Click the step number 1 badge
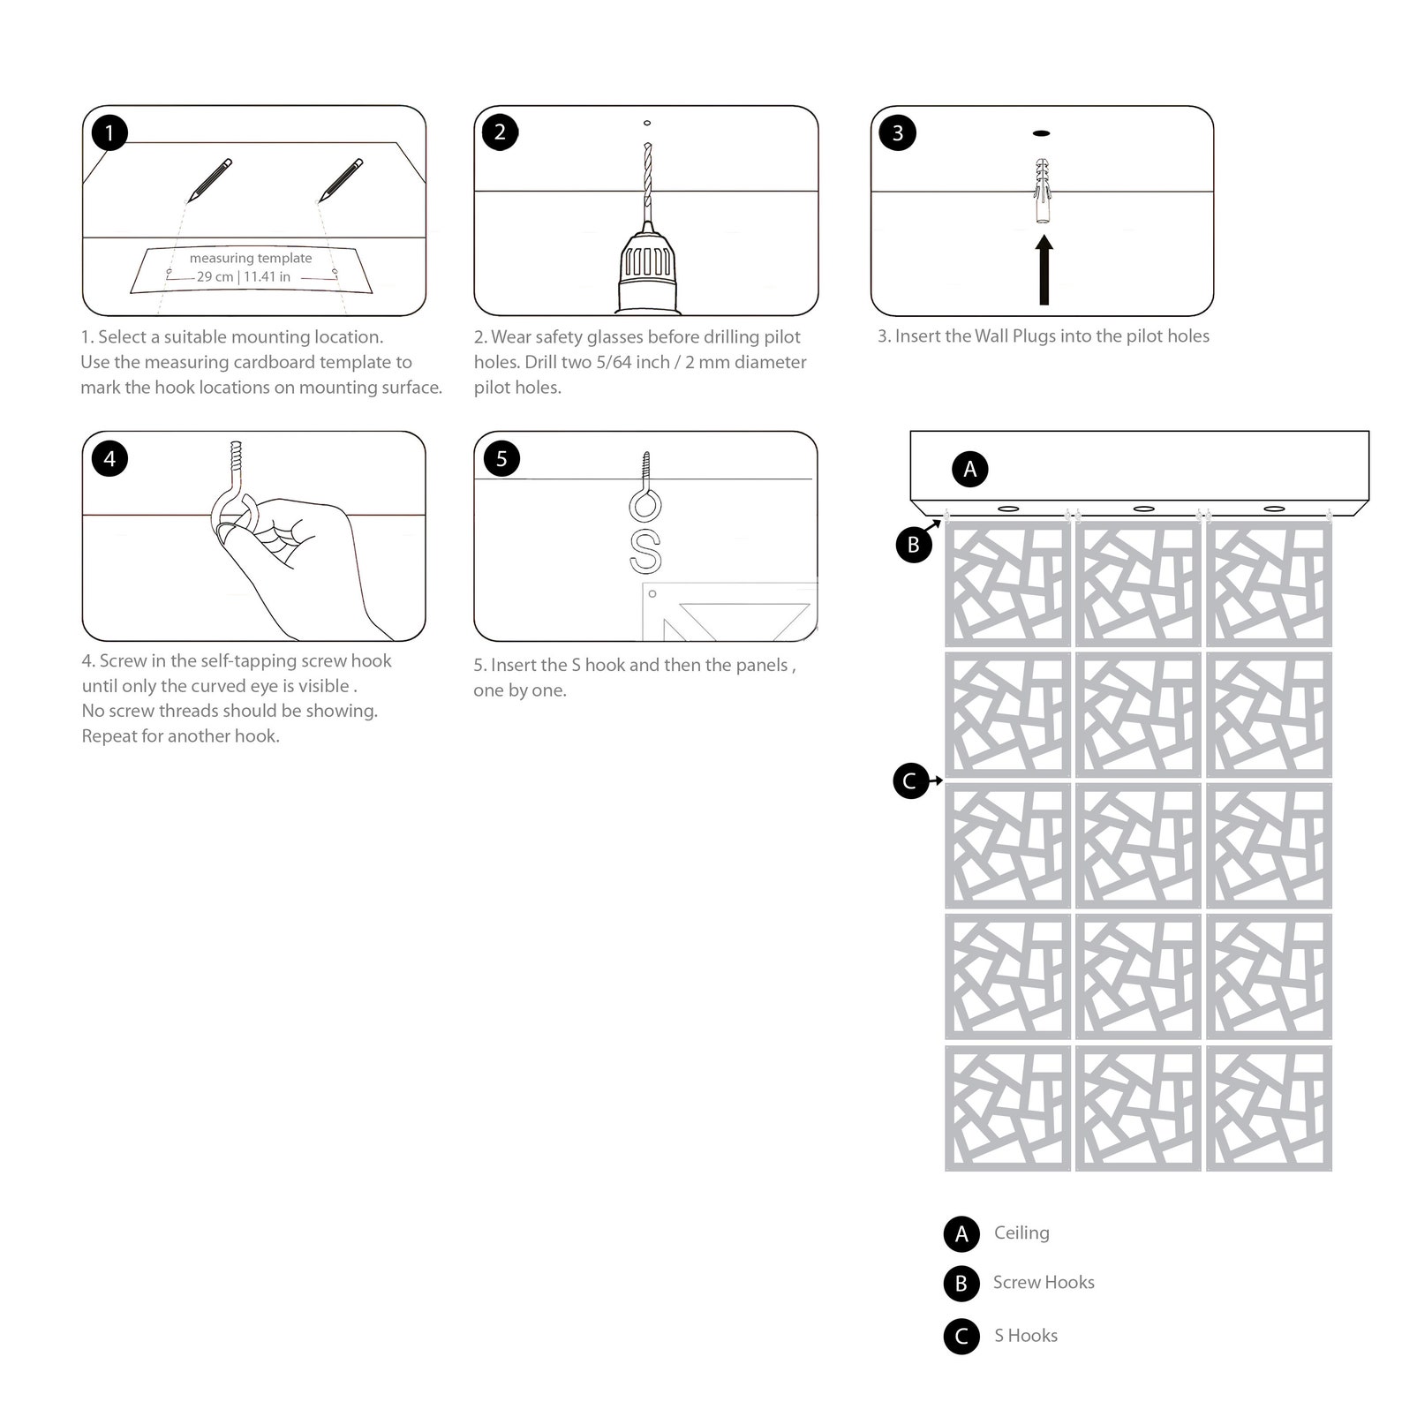[x=109, y=132]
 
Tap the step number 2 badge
[x=501, y=132]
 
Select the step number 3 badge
[x=898, y=132]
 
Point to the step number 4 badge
[x=109, y=458]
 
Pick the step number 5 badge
[x=501, y=458]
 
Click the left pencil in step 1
[x=210, y=180]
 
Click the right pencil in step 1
[x=341, y=180]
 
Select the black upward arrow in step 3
[x=1044, y=273]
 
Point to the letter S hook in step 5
[x=645, y=552]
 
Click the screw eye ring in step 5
[x=645, y=506]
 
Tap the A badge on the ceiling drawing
[x=969, y=468]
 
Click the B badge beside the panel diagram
[x=914, y=544]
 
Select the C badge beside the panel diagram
[x=910, y=780]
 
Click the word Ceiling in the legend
[x=1021, y=1232]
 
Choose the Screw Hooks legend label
[x=1044, y=1282]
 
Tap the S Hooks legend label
[x=1026, y=1336]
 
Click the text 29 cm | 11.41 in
[x=244, y=276]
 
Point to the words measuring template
[x=251, y=258]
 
